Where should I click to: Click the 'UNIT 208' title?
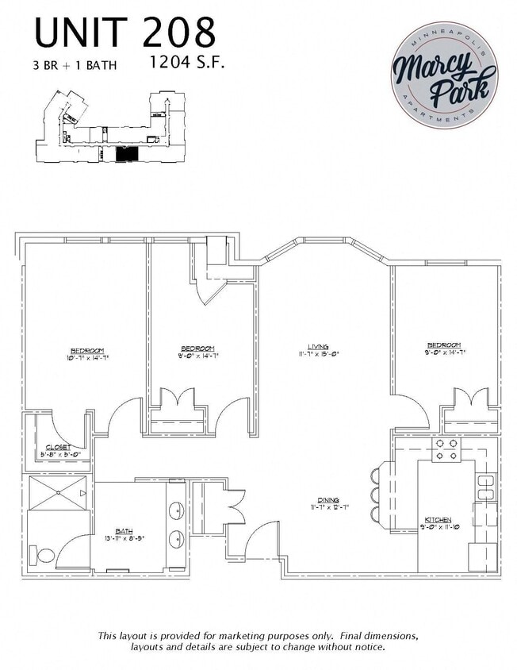[x=125, y=33]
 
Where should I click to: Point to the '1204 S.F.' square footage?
[x=187, y=62]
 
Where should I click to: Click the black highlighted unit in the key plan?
[x=128, y=154]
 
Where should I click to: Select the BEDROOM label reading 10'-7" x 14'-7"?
[x=86, y=354]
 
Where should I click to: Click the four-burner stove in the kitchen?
[x=445, y=450]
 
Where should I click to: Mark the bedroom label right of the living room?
[x=444, y=348]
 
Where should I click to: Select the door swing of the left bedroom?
[x=126, y=417]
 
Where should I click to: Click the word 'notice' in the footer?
[x=366, y=648]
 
